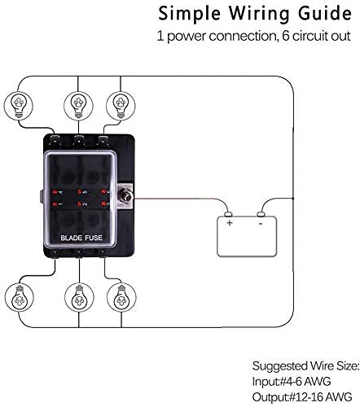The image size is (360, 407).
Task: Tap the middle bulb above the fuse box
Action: (78, 103)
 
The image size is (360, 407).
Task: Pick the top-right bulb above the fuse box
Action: (120, 103)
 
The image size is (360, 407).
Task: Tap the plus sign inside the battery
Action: (230, 221)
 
